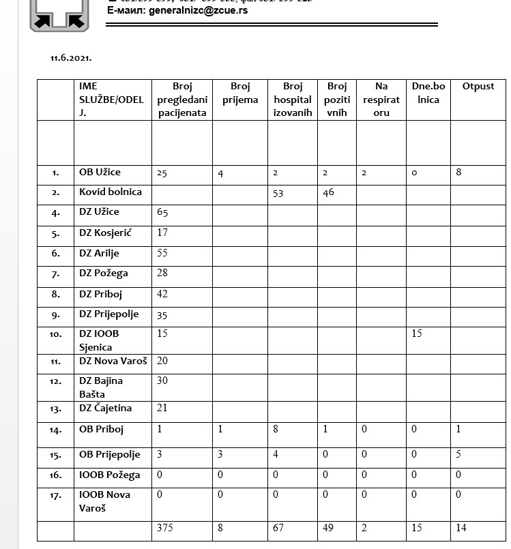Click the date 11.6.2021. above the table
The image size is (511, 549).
(x=70, y=58)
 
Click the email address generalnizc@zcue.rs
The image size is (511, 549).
(x=177, y=12)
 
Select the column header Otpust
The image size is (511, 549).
(x=478, y=87)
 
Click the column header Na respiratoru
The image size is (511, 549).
(x=381, y=100)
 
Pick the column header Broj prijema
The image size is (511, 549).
(x=240, y=93)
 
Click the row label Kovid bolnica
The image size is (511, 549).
(x=110, y=192)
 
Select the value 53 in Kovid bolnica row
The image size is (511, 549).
(x=278, y=194)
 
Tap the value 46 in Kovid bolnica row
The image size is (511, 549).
(x=329, y=193)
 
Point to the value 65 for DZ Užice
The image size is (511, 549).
(x=162, y=213)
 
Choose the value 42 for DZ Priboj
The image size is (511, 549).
(x=162, y=294)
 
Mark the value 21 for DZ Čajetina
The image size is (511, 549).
(x=162, y=408)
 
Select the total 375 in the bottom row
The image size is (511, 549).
(x=164, y=527)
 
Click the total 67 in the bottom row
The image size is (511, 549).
(x=278, y=527)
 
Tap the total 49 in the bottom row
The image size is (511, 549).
(x=329, y=527)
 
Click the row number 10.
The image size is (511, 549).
(x=55, y=335)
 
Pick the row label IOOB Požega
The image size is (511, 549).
(x=109, y=475)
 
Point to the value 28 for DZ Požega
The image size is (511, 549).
(x=162, y=273)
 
